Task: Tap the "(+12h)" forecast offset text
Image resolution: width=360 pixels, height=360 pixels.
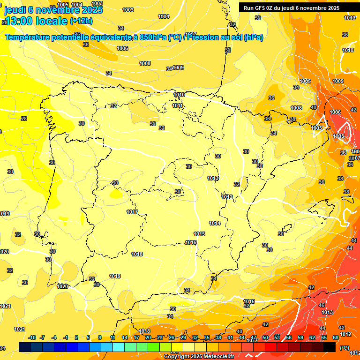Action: tap(81, 21)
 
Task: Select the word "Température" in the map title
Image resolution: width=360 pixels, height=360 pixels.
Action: tap(29, 37)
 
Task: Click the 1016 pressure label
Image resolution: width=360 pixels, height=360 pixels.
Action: tap(191, 242)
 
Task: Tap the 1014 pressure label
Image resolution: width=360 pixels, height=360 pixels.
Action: tap(215, 223)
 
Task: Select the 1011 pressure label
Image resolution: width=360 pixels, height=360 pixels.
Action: tap(177, 105)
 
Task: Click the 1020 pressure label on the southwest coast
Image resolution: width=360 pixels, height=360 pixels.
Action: tap(62, 286)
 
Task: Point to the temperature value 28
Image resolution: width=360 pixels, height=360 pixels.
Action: tap(24, 119)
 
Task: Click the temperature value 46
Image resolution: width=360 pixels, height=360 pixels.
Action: tap(322, 305)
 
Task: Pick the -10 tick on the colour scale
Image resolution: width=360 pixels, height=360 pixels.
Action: tap(32, 337)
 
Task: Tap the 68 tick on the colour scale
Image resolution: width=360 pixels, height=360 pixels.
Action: tap(336, 337)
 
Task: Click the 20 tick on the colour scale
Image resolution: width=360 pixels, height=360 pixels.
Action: tap(148, 337)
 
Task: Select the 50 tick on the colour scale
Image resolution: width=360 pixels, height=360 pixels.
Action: tap(265, 337)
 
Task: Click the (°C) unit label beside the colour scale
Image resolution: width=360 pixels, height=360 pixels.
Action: tap(345, 347)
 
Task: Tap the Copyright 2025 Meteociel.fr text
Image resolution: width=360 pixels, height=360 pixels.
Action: tap(199, 356)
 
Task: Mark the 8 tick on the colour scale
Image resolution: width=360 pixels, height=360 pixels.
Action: tap(100, 337)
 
